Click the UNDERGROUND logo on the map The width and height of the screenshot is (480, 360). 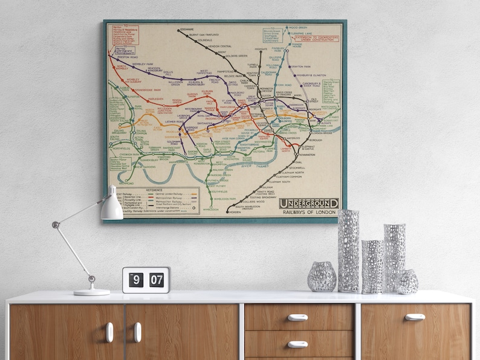pos(308,204)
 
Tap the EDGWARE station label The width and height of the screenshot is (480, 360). pos(186,30)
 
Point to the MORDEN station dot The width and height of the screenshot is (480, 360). pos(227,212)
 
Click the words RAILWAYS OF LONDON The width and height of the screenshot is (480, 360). pos(310,213)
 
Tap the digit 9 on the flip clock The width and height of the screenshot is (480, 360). pos(135,280)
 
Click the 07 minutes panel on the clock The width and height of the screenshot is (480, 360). pos(157,280)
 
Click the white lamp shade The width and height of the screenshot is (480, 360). pos(111,207)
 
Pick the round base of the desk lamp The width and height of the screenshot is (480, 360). pos(92,292)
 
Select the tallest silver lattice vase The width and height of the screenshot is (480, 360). pos(348,251)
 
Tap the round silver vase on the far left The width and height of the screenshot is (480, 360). pos(322,277)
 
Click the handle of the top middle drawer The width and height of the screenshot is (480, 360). pos(297,317)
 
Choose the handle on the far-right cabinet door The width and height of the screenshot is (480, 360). pos(415,317)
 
